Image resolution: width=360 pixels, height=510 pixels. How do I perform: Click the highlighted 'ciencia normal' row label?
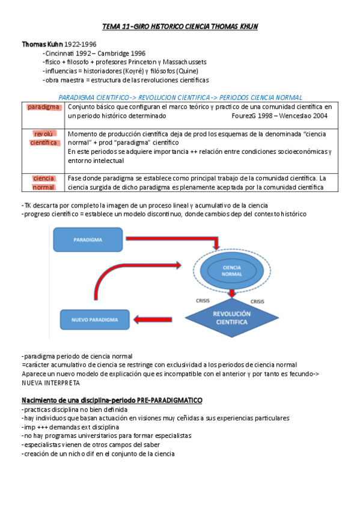point(44,183)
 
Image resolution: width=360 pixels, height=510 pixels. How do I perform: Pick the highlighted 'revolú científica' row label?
point(44,138)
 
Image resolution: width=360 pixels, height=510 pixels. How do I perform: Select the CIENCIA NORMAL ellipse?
point(232,269)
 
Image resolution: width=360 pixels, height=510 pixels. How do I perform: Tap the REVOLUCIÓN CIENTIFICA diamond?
point(233,318)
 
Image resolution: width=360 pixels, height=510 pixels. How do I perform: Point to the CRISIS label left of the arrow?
point(203,301)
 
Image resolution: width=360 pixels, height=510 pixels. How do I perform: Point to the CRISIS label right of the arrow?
point(257,301)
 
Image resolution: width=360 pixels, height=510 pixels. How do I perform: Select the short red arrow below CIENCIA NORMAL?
point(231,292)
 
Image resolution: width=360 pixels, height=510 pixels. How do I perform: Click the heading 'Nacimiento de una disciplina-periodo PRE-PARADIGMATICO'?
point(112,400)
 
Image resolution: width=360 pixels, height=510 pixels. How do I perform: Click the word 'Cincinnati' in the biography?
point(60,53)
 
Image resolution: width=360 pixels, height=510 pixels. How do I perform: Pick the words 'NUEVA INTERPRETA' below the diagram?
point(50,382)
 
